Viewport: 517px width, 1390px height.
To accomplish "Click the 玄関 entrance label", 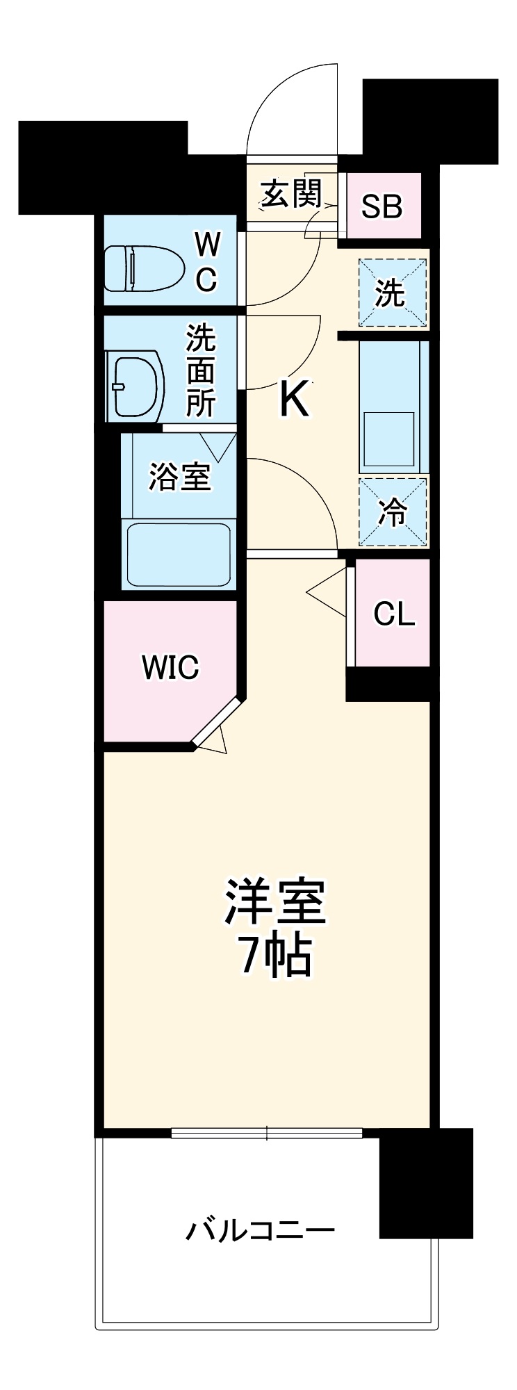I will coord(291,195).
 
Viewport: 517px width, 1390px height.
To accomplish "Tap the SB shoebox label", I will coord(382,206).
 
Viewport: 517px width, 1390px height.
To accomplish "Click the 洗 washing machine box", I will coord(392,293).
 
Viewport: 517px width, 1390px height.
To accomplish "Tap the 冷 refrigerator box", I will coord(393,512).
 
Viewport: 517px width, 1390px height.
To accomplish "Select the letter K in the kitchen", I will coord(294,400).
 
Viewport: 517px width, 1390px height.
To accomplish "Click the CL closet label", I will coord(394,614).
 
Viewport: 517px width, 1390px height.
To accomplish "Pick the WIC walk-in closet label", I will coord(170,667).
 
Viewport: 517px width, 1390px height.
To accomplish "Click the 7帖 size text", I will coord(274,957).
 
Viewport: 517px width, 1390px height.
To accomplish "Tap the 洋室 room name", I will coord(274,903).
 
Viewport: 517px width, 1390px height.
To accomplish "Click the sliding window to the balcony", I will coord(267,1133).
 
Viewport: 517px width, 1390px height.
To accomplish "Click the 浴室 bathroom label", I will coord(179,477).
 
